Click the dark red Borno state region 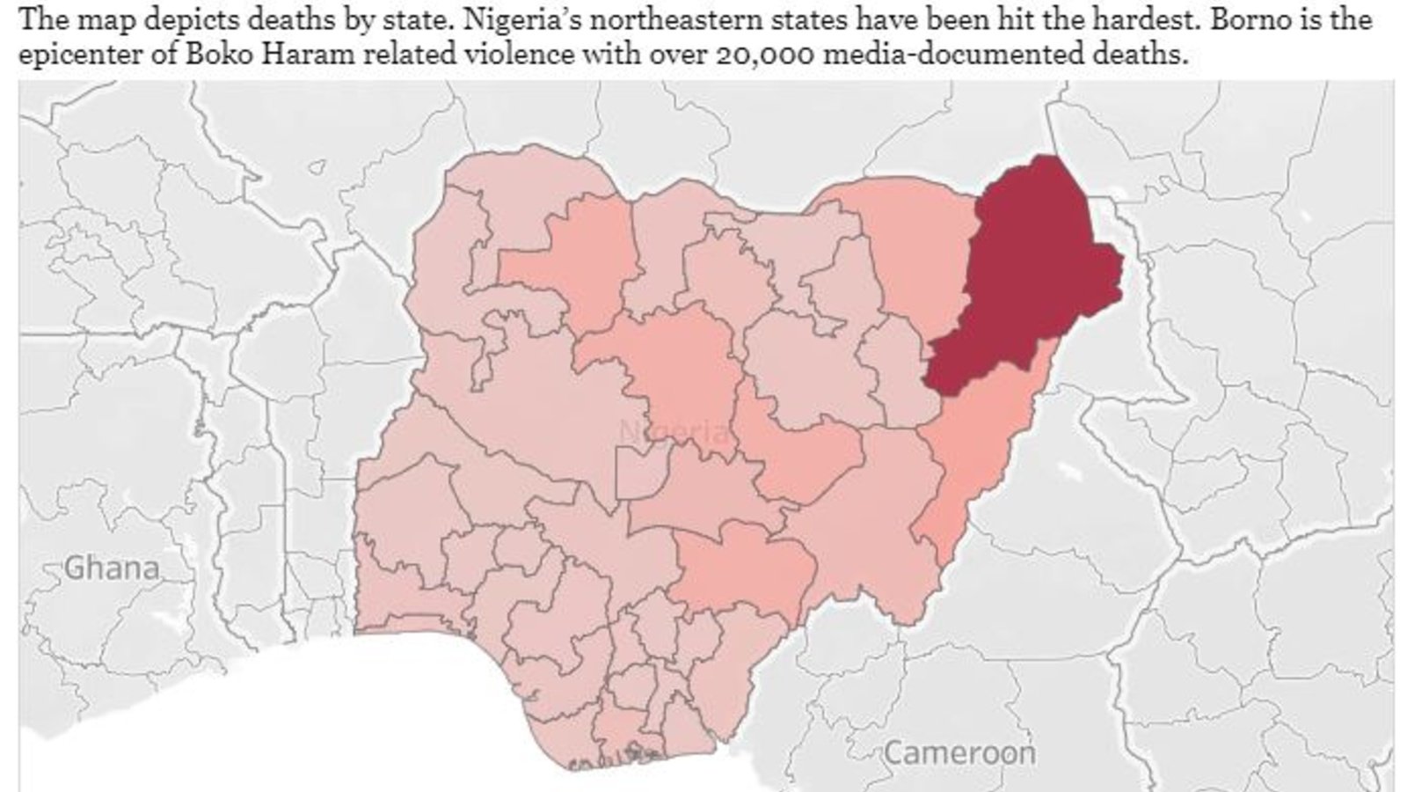1029,282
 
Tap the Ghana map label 113,568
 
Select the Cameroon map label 959,753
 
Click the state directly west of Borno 915,246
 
